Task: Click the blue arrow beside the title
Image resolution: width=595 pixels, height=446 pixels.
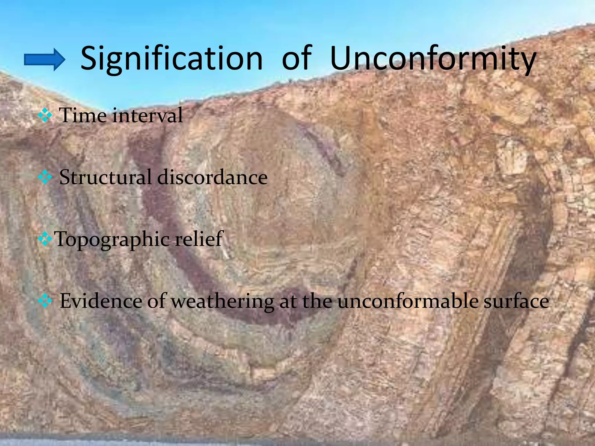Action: click(x=44, y=60)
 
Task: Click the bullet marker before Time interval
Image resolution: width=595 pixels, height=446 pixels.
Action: click(x=45, y=116)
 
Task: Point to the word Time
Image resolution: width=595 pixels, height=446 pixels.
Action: click(x=83, y=115)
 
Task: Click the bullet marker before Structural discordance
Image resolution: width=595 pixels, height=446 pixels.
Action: click(x=45, y=177)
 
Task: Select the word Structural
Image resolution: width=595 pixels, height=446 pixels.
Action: click(x=105, y=177)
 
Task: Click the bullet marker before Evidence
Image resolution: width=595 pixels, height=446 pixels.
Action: click(x=45, y=301)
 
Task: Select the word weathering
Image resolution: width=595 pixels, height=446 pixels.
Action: click(x=222, y=301)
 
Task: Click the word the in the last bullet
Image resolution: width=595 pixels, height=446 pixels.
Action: click(x=317, y=301)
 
